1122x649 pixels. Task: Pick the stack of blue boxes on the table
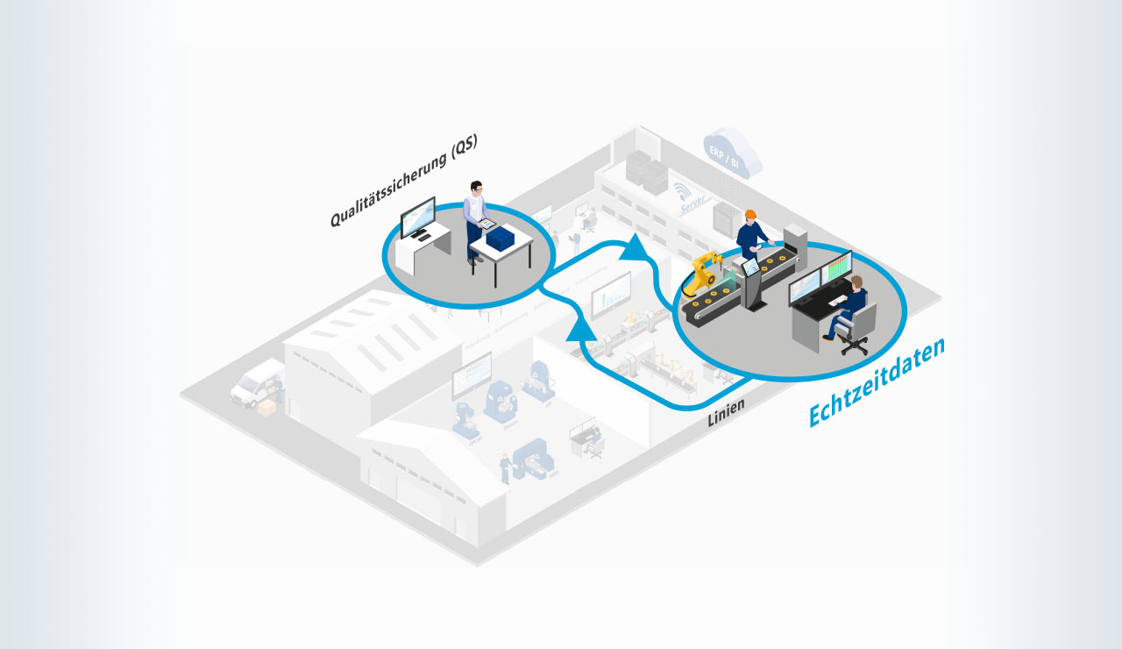point(500,237)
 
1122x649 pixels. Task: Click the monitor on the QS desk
point(417,217)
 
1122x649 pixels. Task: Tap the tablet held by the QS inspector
point(487,224)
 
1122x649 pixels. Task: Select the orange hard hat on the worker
point(749,214)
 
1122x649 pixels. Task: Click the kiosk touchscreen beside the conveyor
point(750,267)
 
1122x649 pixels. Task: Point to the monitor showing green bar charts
point(840,270)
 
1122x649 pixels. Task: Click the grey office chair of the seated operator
point(855,325)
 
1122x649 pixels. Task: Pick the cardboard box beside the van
point(266,408)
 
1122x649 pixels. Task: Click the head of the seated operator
point(856,282)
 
